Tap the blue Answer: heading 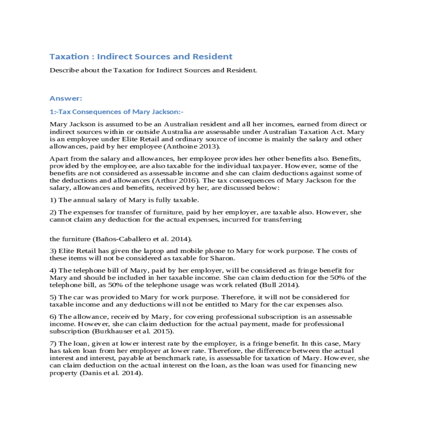(66, 98)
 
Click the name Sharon (222, 258)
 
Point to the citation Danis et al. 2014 (112, 373)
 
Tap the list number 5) (53, 297)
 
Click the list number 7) (53, 343)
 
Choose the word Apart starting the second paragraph (59, 159)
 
